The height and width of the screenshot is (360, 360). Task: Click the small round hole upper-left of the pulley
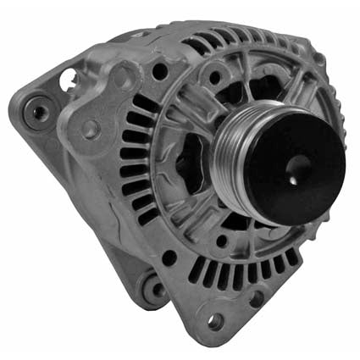213,79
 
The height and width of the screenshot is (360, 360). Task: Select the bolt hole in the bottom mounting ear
215,321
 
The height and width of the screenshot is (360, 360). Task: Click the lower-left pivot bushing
155,291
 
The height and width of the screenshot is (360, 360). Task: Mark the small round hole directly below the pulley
222,241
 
